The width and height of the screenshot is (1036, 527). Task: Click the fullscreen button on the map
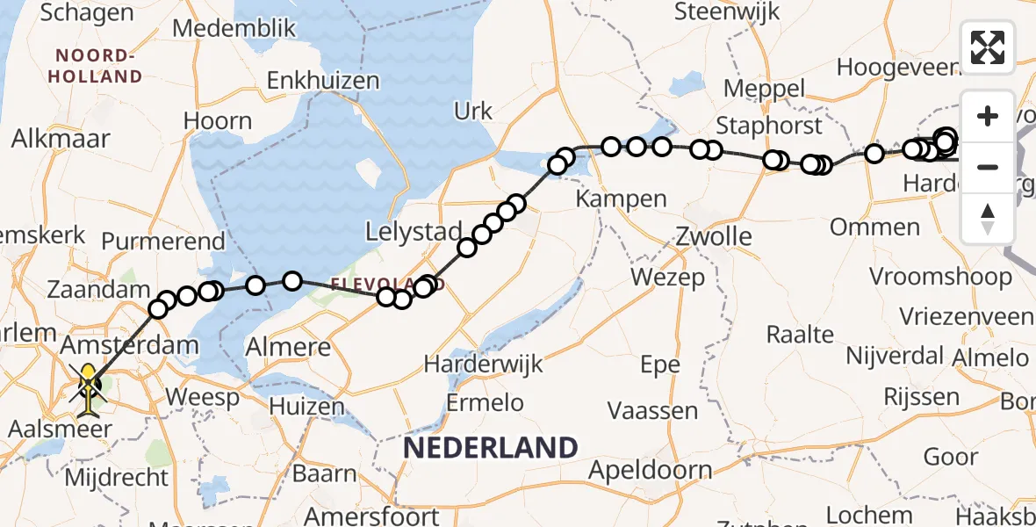988,47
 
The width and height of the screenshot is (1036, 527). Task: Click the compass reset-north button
988,218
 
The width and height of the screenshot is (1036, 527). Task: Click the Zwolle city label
714,236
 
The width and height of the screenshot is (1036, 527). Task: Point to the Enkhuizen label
323,81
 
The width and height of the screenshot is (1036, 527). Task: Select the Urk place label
473,111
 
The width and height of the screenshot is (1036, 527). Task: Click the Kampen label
621,199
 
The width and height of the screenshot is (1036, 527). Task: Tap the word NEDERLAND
490,448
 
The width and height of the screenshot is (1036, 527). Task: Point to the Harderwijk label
484,363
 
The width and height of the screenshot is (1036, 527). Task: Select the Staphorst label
769,125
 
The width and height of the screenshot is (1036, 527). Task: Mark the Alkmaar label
61,139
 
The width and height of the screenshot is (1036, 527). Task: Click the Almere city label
288,346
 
